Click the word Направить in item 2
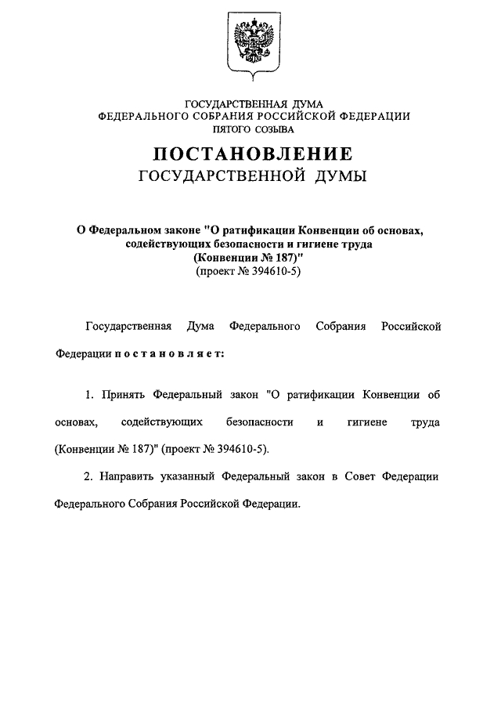click(x=130, y=476)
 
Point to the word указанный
click(x=190, y=476)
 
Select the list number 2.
click(x=89, y=476)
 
